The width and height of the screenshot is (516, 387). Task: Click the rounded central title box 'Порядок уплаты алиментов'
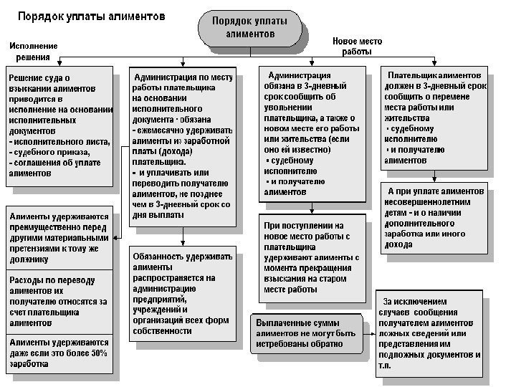249,27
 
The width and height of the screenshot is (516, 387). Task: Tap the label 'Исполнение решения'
34,52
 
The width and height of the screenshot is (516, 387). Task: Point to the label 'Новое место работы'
357,47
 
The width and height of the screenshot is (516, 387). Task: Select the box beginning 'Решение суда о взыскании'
59,126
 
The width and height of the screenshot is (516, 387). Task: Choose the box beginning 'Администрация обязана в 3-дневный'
310,133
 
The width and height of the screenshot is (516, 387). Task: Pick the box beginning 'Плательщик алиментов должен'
434,118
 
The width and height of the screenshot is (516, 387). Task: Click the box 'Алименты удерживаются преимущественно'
59,237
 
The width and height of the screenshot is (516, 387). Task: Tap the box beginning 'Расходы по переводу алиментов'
59,299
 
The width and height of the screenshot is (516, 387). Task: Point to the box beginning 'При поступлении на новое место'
310,257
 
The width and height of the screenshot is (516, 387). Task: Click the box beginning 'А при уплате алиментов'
434,219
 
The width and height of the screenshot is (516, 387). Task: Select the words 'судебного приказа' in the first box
50,153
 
